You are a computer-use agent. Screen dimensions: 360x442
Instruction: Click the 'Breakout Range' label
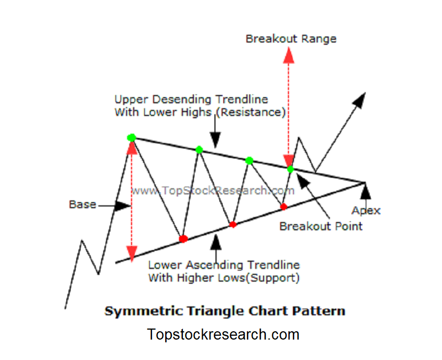point(291,39)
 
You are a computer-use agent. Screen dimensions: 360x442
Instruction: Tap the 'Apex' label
point(366,210)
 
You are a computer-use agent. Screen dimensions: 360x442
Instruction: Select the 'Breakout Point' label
point(320,226)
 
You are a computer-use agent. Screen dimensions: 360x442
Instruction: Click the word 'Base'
point(82,204)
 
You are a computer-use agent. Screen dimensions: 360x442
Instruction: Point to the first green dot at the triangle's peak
point(131,137)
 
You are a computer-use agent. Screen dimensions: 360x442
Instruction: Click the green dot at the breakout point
point(291,169)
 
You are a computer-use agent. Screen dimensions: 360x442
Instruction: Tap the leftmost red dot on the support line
point(183,239)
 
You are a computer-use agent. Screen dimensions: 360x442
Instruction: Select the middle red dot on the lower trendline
point(233,225)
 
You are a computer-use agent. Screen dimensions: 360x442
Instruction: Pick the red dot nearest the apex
point(284,207)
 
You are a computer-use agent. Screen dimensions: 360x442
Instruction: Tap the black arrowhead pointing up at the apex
point(365,191)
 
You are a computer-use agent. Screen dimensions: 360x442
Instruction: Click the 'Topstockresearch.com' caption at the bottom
point(223,335)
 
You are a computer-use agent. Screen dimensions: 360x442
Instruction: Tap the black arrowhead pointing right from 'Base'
point(123,205)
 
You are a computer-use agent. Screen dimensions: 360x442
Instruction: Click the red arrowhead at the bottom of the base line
point(131,253)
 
